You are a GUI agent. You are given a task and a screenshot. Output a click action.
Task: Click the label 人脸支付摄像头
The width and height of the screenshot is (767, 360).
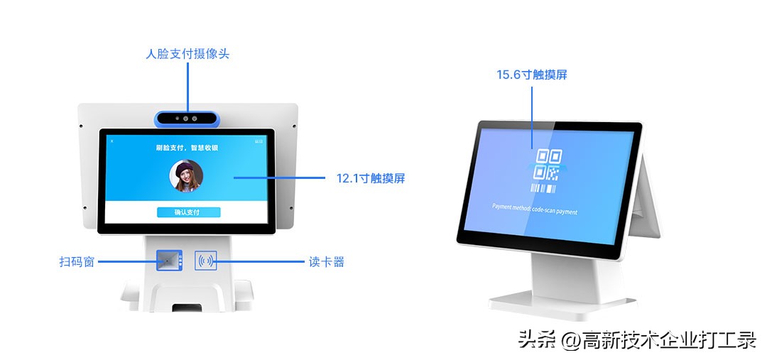pos(187,54)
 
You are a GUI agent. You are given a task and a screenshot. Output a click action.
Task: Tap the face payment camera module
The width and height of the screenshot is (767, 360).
pos(187,119)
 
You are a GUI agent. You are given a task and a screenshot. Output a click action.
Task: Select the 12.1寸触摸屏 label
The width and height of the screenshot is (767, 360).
pos(371,178)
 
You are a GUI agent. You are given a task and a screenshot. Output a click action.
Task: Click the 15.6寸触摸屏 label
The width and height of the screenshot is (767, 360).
pos(531,75)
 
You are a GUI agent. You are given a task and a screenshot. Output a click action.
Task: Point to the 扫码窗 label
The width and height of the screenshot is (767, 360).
pos(77,262)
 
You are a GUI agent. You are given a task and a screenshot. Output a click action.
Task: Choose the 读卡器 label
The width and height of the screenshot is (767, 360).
pos(327,262)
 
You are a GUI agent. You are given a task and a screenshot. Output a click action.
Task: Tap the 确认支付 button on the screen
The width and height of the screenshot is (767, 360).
pos(187,212)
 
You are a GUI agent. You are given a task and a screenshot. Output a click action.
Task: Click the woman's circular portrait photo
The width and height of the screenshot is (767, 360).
pos(186,175)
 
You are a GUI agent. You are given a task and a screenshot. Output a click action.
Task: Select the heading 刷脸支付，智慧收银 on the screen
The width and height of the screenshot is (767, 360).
pos(187,148)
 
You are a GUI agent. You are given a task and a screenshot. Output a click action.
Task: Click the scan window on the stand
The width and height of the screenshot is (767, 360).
pos(168,261)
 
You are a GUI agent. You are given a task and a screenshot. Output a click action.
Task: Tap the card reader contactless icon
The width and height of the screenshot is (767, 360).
pos(206,261)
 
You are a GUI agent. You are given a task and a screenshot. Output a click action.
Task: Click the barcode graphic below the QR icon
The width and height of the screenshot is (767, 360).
pos(544,189)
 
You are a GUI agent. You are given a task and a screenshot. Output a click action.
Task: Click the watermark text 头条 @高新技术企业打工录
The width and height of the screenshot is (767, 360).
pos(636,340)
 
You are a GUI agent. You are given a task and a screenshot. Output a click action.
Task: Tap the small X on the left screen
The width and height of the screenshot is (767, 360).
pos(111,141)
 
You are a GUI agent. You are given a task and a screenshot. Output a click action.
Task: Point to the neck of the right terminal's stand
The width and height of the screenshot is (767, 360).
pos(557,273)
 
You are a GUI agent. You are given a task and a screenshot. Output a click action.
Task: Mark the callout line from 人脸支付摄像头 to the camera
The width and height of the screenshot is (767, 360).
pos(187,85)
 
